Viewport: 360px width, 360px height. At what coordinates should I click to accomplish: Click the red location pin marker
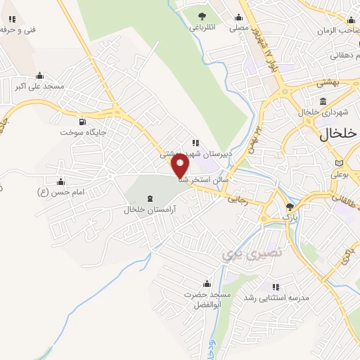coord(181,165)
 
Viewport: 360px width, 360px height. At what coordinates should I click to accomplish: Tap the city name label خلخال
coord(339,134)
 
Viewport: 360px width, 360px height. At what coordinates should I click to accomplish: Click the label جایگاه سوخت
coord(83,132)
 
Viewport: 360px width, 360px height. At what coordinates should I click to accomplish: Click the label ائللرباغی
coord(202,29)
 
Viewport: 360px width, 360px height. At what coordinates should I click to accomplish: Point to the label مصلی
coord(239,29)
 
